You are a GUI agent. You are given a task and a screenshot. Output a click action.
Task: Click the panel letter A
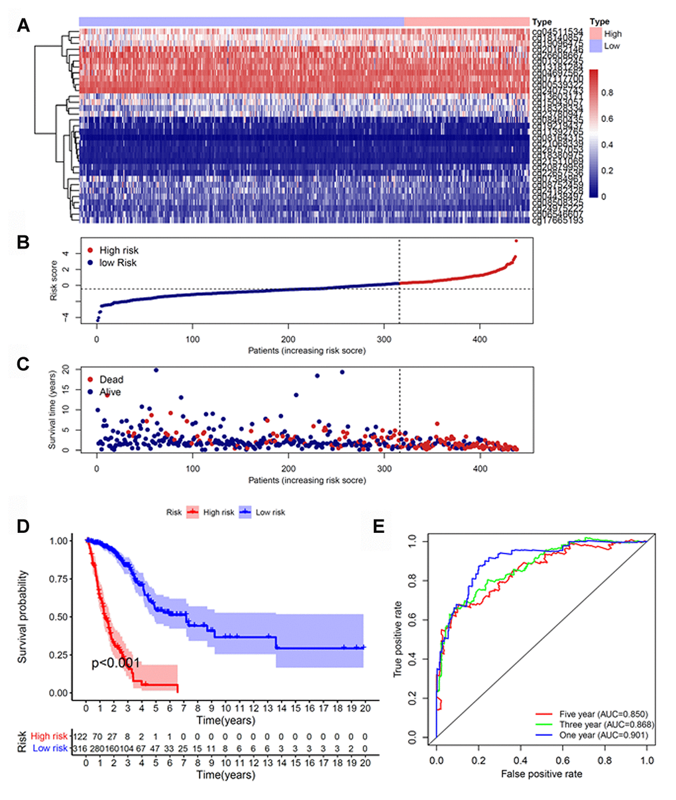[x=24, y=26]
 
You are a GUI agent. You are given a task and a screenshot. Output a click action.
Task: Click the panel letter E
[x=379, y=526]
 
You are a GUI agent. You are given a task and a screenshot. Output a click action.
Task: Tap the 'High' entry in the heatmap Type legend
[x=612, y=34]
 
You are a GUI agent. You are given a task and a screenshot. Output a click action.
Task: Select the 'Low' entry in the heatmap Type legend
[x=611, y=46]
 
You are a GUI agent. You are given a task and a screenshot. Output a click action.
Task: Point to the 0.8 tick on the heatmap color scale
[x=607, y=93]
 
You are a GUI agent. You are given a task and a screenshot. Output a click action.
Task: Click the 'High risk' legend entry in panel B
[x=118, y=251]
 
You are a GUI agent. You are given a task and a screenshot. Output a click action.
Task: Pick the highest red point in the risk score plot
[x=516, y=241]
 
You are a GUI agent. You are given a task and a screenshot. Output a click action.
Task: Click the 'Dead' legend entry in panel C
[x=111, y=380]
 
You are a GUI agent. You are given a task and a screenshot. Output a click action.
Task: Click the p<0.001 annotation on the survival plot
[x=115, y=663]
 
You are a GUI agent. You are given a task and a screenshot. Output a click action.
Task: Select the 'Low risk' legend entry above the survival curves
[x=270, y=512]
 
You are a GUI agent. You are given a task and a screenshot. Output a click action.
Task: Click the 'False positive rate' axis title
[x=541, y=773]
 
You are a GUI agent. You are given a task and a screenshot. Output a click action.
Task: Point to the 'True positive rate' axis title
[x=398, y=638]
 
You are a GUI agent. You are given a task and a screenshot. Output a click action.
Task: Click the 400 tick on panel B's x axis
[x=480, y=339]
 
